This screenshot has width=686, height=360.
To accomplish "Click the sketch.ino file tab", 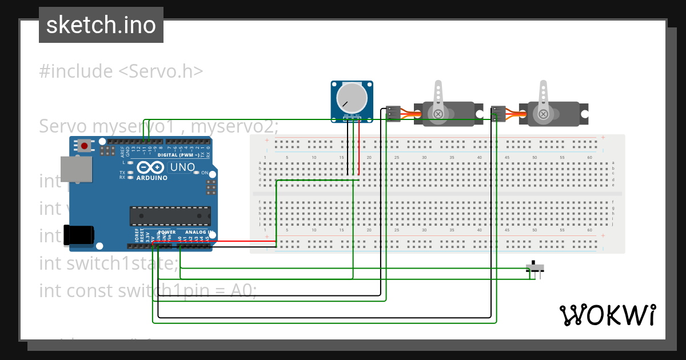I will (x=101, y=25).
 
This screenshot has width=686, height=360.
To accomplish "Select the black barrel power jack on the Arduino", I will (x=78, y=235).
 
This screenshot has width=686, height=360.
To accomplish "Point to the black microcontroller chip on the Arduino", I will (x=170, y=215).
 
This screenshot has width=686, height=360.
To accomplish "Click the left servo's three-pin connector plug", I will (x=393, y=114).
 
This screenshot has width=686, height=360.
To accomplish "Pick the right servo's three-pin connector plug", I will (x=498, y=114).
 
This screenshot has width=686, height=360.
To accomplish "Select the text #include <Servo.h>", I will (x=121, y=71).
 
